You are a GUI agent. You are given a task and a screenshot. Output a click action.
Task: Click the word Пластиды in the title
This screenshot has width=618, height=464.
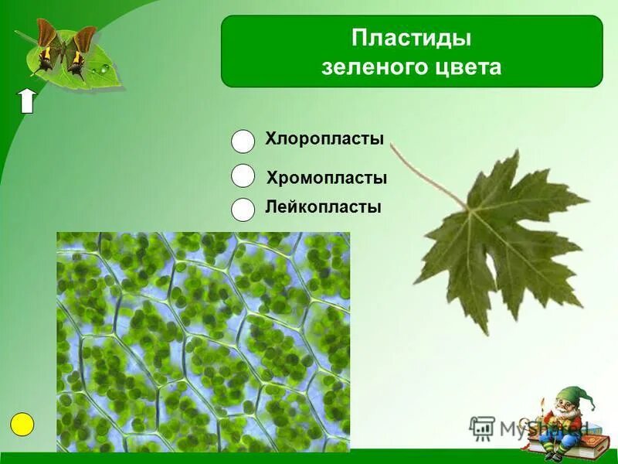point(411,39)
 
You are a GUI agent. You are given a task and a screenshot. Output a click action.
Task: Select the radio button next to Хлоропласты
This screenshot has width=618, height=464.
point(243,141)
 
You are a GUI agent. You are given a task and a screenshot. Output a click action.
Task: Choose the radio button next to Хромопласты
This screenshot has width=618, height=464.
point(243,176)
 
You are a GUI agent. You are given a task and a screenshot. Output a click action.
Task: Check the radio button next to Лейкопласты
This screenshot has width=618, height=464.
point(243,210)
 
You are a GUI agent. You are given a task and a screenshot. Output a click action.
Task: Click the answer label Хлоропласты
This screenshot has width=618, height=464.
point(324,139)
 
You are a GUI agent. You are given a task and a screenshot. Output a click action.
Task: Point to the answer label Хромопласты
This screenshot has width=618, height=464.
point(326,178)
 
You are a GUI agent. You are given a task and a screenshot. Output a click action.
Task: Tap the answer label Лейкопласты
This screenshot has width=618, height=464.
point(323,207)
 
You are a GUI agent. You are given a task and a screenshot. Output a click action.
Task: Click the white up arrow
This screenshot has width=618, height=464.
point(27,101)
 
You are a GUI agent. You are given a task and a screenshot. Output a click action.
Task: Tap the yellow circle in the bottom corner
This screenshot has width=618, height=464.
point(22,425)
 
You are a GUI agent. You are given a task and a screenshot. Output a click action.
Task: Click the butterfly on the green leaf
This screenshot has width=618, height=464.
point(62,50)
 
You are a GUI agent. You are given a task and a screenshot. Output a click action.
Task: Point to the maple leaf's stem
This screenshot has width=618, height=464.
point(425,174)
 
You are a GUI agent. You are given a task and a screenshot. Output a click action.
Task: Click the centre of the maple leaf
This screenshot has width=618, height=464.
point(494,232)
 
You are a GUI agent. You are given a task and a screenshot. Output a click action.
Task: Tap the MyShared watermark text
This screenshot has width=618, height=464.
point(533,428)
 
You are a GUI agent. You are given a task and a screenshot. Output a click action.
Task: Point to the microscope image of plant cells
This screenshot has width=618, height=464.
point(202,340)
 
